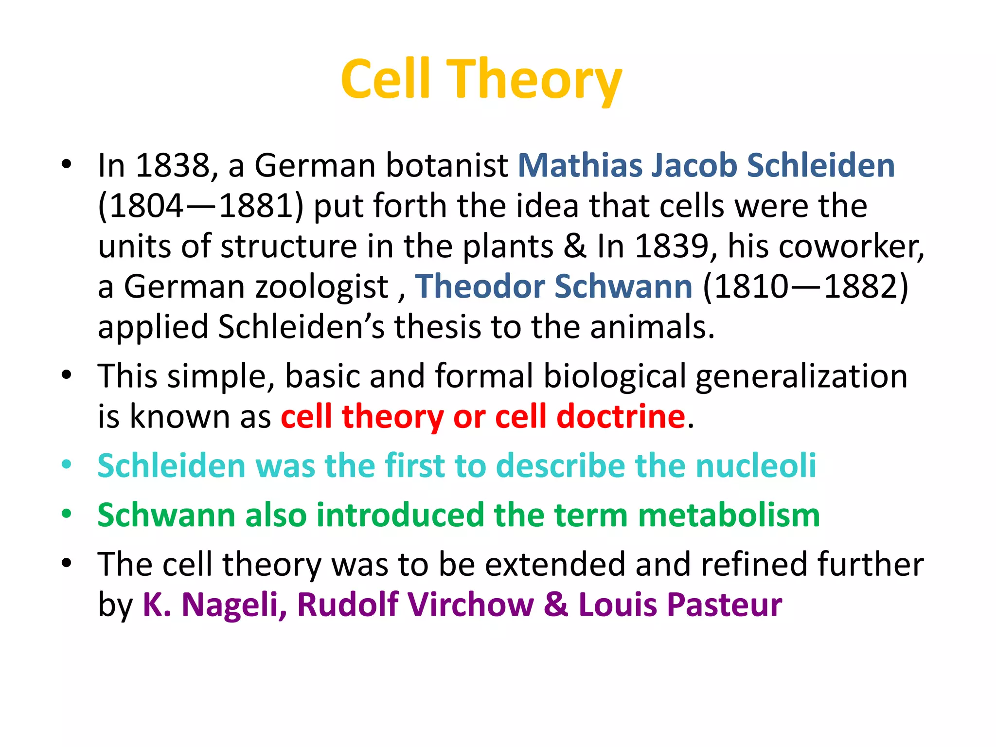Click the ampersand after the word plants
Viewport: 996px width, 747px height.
(x=575, y=246)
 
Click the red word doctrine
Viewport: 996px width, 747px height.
(x=621, y=417)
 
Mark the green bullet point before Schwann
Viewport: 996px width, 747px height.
(x=67, y=513)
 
